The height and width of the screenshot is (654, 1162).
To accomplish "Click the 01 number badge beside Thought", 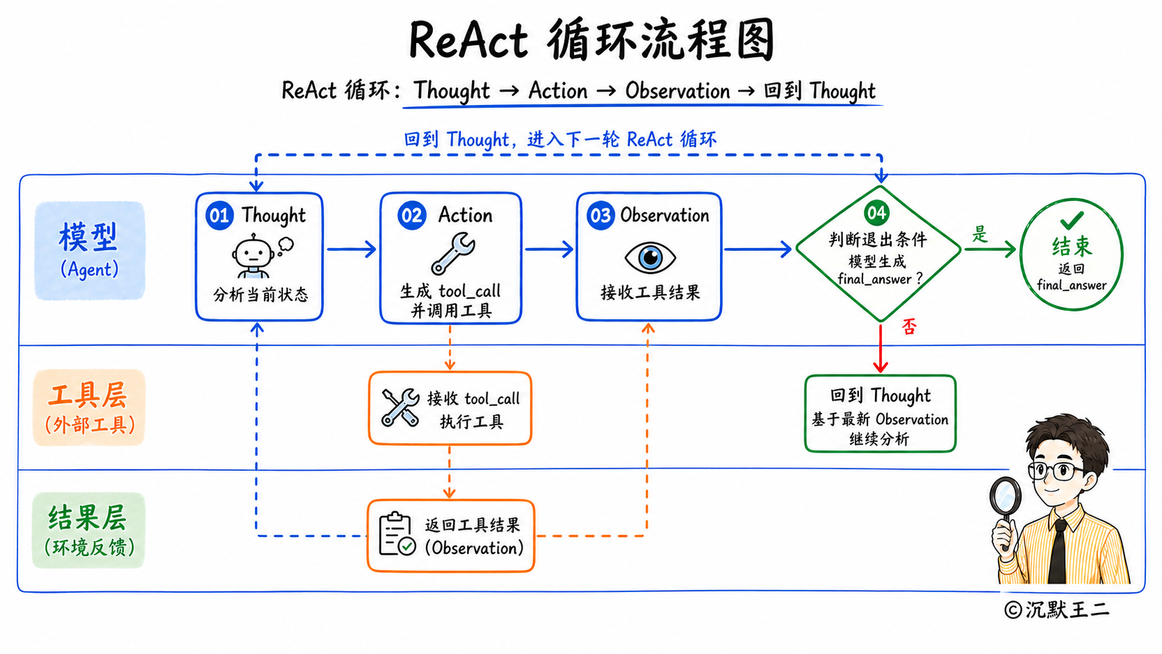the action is pyautogui.click(x=220, y=215).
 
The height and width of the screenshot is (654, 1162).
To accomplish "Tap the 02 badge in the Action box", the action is pyautogui.click(x=412, y=215).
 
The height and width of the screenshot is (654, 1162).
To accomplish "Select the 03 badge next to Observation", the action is pyautogui.click(x=600, y=215).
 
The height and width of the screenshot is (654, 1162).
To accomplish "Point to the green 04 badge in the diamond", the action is pyautogui.click(x=876, y=213).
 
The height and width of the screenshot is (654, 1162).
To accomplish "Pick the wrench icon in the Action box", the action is pyautogui.click(x=452, y=253).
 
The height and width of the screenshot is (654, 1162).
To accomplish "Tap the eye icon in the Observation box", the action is pyautogui.click(x=650, y=257).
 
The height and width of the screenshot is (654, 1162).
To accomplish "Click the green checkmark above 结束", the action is pyautogui.click(x=1072, y=220).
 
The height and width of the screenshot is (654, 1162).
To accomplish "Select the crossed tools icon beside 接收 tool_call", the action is pyautogui.click(x=400, y=408).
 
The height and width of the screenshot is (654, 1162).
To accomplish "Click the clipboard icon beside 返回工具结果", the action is pyautogui.click(x=397, y=534).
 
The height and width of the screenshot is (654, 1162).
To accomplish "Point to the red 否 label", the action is pyautogui.click(x=909, y=327).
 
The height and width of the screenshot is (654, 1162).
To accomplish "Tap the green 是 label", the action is pyautogui.click(x=979, y=234).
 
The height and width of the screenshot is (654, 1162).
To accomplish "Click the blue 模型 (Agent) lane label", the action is pyautogui.click(x=89, y=250).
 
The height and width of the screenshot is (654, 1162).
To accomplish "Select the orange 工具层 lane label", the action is pyautogui.click(x=89, y=408).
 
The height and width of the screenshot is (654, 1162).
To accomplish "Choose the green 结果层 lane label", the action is pyautogui.click(x=88, y=530).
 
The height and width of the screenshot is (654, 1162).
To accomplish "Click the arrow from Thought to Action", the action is pyautogui.click(x=351, y=250).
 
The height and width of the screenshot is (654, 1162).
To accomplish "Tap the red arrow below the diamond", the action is pyautogui.click(x=881, y=348).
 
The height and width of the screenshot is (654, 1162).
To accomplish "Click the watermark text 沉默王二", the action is pyautogui.click(x=1067, y=610).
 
